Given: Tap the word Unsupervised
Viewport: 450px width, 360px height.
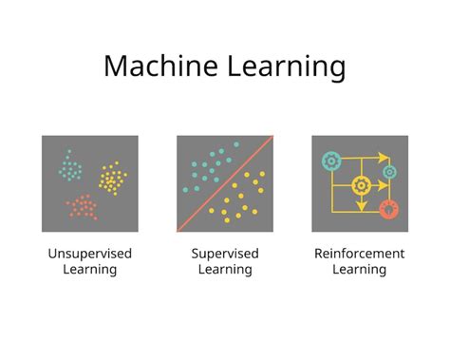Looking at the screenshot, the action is pos(89,254).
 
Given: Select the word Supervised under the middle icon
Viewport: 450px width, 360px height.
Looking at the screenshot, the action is pos(225,254).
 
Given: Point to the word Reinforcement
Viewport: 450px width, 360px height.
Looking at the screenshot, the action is pos(359,254).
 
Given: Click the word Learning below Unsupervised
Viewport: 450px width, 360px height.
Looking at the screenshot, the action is pos(89,270).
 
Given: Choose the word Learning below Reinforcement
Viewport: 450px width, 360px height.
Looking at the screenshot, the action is pos(359,270).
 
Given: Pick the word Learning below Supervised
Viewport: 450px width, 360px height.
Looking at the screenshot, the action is pos(225,270).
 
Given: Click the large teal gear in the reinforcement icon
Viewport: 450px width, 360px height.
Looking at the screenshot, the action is pos(330,161).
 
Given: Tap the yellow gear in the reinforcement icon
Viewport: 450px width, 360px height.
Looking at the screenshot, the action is pos(360,185).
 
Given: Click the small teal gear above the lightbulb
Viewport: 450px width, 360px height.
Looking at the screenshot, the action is pos(388,173).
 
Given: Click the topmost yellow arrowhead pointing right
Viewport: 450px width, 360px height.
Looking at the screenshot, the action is pos(383,156).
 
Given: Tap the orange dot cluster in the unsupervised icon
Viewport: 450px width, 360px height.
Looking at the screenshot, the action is pos(82,206).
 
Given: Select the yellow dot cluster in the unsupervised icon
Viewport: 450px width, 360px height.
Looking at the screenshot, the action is pos(112,177).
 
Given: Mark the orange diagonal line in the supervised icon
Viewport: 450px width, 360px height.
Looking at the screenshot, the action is pos(225,183).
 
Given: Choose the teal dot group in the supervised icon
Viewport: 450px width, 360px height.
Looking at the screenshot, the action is pos(205,166).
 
